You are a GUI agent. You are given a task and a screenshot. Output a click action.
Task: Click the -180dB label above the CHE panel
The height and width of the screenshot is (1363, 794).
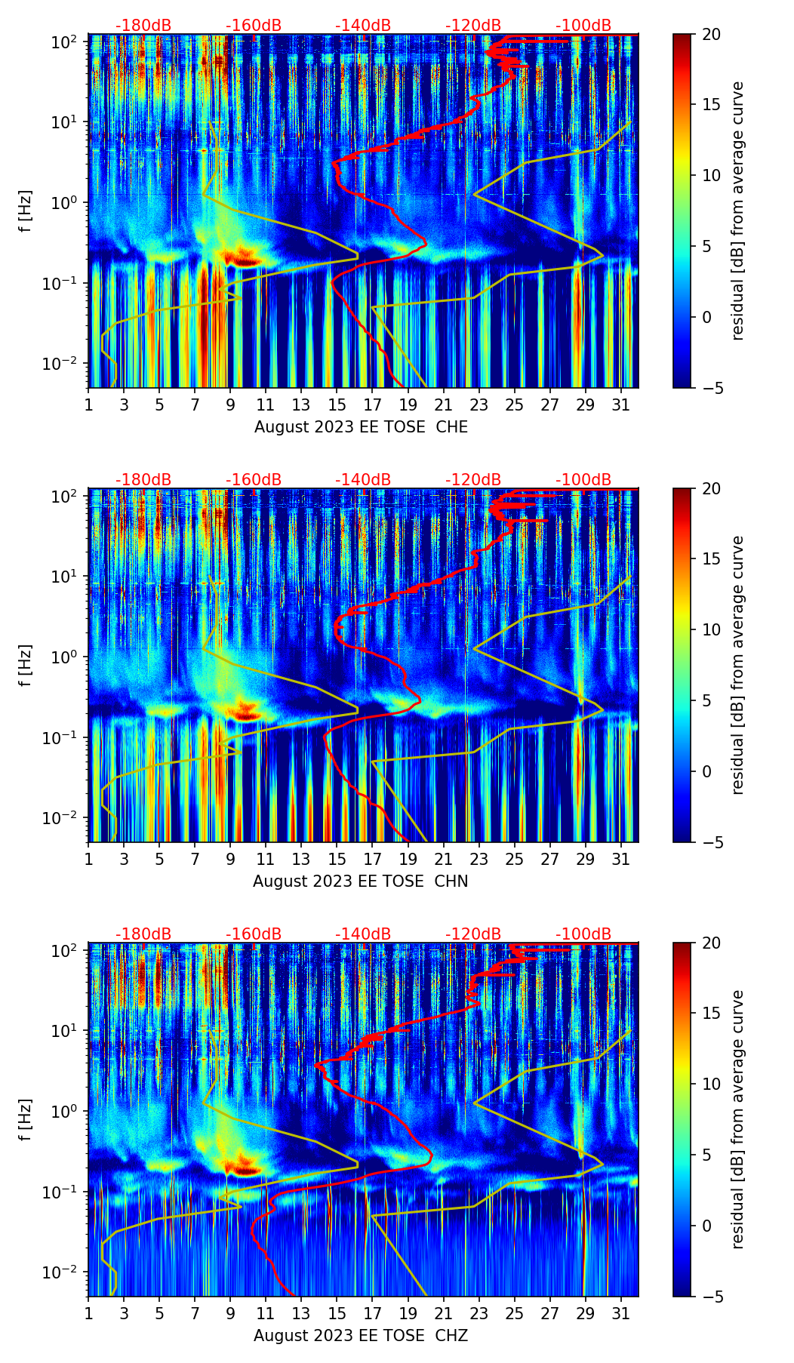click(143, 26)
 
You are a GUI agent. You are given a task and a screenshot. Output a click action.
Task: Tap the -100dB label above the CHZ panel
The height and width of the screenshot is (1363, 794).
click(583, 934)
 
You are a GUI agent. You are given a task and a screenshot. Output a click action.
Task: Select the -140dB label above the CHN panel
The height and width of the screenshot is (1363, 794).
click(363, 480)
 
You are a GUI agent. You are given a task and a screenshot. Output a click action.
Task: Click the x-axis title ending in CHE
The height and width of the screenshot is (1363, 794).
click(361, 427)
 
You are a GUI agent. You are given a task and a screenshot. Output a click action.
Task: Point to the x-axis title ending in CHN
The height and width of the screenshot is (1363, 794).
click(361, 881)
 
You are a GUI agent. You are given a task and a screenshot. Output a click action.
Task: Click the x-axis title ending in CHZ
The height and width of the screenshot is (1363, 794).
click(361, 1336)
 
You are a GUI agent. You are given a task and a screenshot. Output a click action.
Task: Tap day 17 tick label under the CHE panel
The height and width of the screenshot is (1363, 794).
click(372, 405)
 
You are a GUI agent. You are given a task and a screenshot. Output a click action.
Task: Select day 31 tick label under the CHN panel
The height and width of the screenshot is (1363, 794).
click(620, 859)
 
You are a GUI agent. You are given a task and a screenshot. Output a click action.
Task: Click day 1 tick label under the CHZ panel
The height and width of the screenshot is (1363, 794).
click(88, 1313)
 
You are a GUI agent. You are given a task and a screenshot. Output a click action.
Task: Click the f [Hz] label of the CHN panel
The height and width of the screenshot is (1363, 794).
click(25, 665)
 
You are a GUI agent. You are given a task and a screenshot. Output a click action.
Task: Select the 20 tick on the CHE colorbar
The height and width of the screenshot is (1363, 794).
click(712, 34)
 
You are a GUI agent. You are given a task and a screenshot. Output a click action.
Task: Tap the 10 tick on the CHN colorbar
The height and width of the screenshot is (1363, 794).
click(712, 629)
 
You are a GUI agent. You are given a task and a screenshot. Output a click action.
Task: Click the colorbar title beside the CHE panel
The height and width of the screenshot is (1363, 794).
click(737, 211)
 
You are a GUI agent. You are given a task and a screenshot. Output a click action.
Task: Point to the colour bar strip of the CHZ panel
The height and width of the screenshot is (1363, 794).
click(682, 1119)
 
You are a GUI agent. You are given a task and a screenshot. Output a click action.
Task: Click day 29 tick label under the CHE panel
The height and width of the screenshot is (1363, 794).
click(585, 405)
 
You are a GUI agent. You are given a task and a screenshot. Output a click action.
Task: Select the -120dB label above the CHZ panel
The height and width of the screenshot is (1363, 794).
click(473, 934)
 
